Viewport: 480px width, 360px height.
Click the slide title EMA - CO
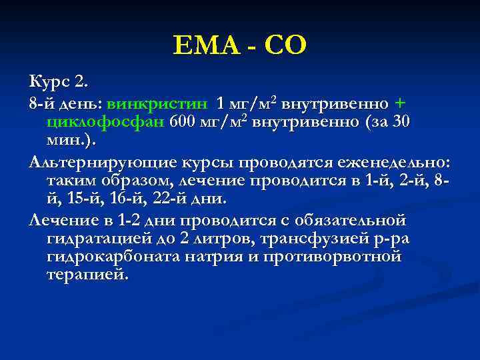pos(239,45)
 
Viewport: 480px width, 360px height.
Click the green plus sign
pos(399,103)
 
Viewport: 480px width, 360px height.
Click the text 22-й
pos(179,198)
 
